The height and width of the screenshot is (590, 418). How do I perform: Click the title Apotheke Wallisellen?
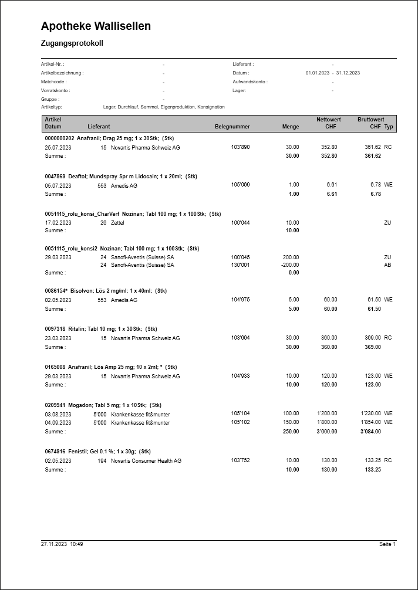[96, 26]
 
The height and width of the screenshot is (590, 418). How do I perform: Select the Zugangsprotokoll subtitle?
[72, 43]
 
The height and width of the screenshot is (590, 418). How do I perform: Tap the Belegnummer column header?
[232, 127]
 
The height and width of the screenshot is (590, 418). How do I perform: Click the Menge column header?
[290, 127]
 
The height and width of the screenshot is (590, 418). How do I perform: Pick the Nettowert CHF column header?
[329, 123]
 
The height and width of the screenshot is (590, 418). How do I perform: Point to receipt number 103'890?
[240, 147]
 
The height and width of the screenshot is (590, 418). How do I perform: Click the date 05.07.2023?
[58, 185]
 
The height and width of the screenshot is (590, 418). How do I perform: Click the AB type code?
[387, 265]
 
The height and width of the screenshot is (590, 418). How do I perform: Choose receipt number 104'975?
[240, 300]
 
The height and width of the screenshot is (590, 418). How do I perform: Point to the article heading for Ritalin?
[101, 329]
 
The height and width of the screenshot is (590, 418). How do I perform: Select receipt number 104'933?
[240, 376]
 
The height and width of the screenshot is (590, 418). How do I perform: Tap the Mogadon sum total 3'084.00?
[370, 432]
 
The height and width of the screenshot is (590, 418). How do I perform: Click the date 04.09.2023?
[58, 422]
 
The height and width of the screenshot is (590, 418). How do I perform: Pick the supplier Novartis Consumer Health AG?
[146, 461]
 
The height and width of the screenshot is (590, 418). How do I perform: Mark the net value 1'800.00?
[327, 422]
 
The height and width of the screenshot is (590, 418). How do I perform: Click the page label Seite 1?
[387, 545]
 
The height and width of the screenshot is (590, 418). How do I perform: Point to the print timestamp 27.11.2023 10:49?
[62, 545]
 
